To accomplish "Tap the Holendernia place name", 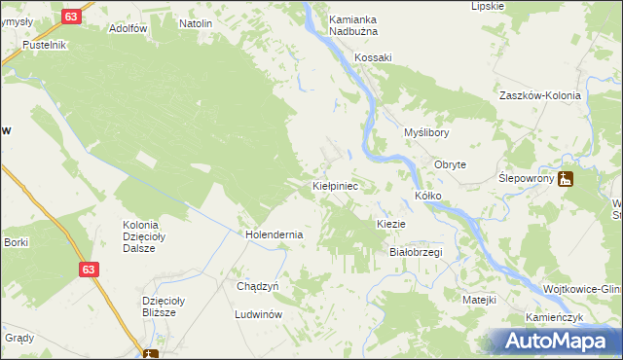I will [x=275, y=234].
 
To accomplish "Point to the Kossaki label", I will [x=373, y=57].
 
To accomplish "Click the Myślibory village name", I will [x=426, y=132].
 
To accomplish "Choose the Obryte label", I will [x=450, y=164].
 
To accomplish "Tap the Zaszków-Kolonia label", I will [x=539, y=96].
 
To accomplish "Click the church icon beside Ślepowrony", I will [x=567, y=179].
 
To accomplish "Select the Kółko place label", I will [x=428, y=196].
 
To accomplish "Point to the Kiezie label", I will [x=390, y=224].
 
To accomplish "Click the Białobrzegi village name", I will [x=416, y=252].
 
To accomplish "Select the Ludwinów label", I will [x=258, y=315].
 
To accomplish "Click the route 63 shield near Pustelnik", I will [x=70, y=17].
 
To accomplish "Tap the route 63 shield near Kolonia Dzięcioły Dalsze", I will [x=89, y=269].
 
